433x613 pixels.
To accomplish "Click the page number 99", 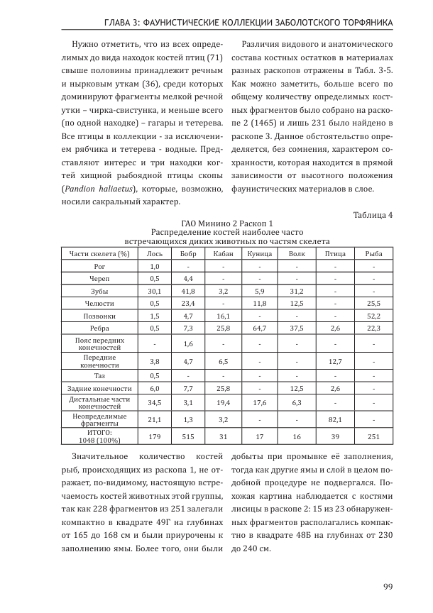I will click(x=388, y=585).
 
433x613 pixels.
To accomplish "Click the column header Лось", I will click(x=154, y=253).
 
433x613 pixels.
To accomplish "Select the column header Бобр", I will click(x=188, y=253).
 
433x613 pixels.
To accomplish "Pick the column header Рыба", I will click(x=373, y=253).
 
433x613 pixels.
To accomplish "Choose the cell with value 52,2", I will click(x=373, y=316).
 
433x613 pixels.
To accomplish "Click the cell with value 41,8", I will click(x=188, y=291).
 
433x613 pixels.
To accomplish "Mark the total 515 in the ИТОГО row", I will click(x=188, y=436).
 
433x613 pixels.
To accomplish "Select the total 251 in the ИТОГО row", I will click(x=373, y=436).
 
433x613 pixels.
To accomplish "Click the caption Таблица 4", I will click(x=373, y=214).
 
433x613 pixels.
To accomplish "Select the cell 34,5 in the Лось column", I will click(x=154, y=403).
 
